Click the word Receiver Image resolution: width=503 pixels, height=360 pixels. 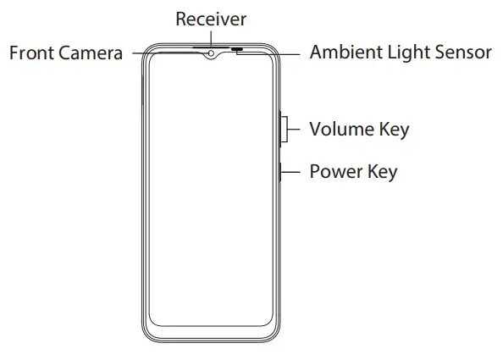coord(211,19)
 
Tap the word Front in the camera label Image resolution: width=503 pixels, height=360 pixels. coord(31,53)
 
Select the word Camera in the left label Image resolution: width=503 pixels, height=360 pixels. coord(91,53)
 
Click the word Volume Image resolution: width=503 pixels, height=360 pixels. coord(341,129)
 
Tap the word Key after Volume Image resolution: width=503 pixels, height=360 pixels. coord(395,130)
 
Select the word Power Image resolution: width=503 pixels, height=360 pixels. coord(336,171)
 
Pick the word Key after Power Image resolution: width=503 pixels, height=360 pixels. coord(383,172)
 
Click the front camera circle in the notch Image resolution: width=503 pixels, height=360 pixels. coord(211,53)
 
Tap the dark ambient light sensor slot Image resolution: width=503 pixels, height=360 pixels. coord(237,49)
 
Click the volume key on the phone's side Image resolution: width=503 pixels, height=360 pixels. coord(280,129)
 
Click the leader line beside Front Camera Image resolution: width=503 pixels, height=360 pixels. coord(170,53)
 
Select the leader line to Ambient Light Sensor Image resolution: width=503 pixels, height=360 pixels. coord(268,54)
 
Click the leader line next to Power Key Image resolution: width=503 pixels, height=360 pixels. coord(290,172)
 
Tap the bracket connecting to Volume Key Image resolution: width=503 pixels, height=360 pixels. coord(287,129)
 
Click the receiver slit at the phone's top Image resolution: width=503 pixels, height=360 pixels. coord(211,47)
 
